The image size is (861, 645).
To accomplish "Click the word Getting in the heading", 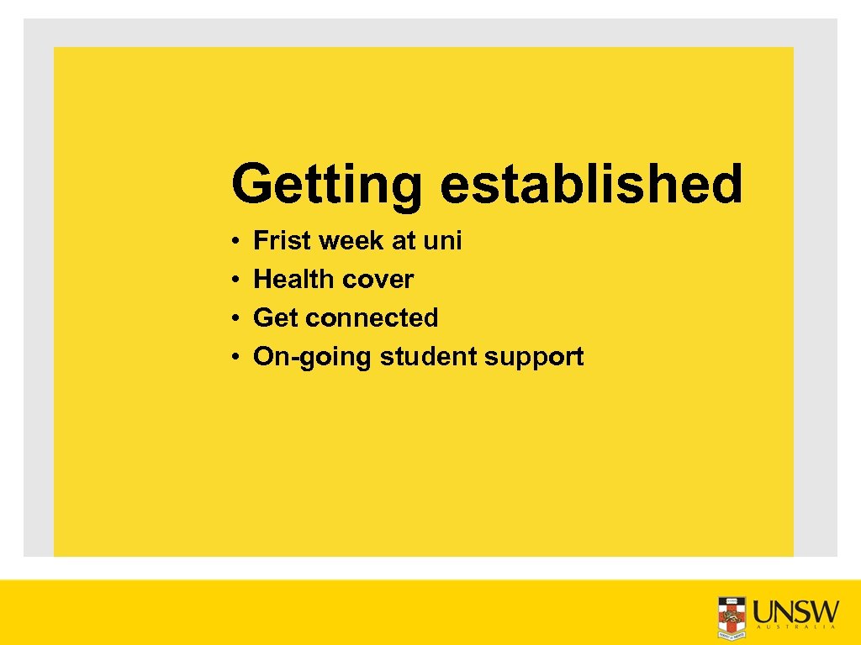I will (x=326, y=184).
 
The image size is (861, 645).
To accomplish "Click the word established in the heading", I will (x=591, y=184).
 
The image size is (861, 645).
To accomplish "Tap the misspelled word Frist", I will (x=282, y=241).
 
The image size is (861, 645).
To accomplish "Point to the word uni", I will (x=442, y=241).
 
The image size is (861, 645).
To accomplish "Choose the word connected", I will (x=372, y=318).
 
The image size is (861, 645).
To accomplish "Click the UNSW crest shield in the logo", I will (x=732, y=616).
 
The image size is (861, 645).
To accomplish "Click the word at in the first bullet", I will (x=404, y=241).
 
